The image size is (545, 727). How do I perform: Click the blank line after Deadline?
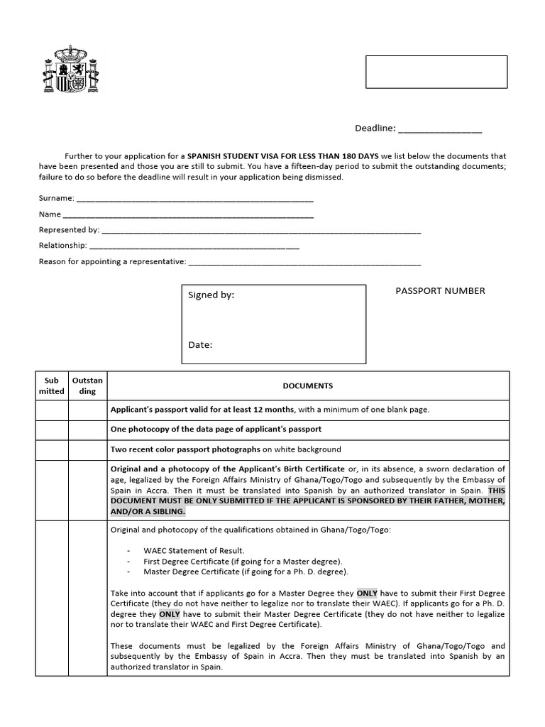tap(440, 129)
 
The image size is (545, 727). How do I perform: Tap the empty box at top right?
tap(436, 72)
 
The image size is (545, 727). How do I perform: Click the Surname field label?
tap(55, 199)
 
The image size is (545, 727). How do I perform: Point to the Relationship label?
tap(63, 246)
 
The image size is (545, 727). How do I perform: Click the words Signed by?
tap(211, 295)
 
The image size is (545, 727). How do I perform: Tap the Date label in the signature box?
tap(200, 345)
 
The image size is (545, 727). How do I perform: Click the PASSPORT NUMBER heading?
tap(440, 291)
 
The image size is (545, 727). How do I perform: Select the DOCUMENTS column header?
tap(307, 386)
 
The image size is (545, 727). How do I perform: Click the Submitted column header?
tap(51, 386)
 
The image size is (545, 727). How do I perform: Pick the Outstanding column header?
tap(87, 386)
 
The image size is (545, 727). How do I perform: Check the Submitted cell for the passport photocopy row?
tap(51, 430)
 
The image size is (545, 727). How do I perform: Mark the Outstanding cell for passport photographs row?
tap(87, 449)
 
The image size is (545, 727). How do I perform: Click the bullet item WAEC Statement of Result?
tap(194, 550)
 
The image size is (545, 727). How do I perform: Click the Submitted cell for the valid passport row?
tap(51, 410)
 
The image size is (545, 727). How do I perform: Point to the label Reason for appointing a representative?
tap(112, 262)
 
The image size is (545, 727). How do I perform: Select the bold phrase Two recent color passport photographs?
tap(185, 449)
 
